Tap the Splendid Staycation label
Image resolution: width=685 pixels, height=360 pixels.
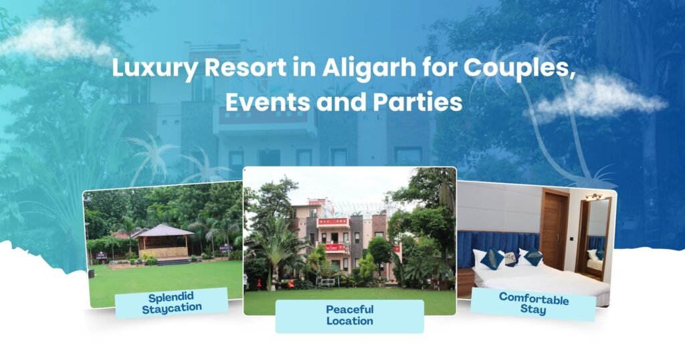coord(171,302)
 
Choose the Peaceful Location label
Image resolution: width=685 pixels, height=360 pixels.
coord(349,316)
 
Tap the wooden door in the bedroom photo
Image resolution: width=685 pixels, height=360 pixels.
coord(554,228)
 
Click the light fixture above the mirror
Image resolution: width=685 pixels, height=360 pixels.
coord(593,196)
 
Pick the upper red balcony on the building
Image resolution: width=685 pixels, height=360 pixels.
coord(332,221)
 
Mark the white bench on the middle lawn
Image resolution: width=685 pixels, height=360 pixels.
coord(327,282)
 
